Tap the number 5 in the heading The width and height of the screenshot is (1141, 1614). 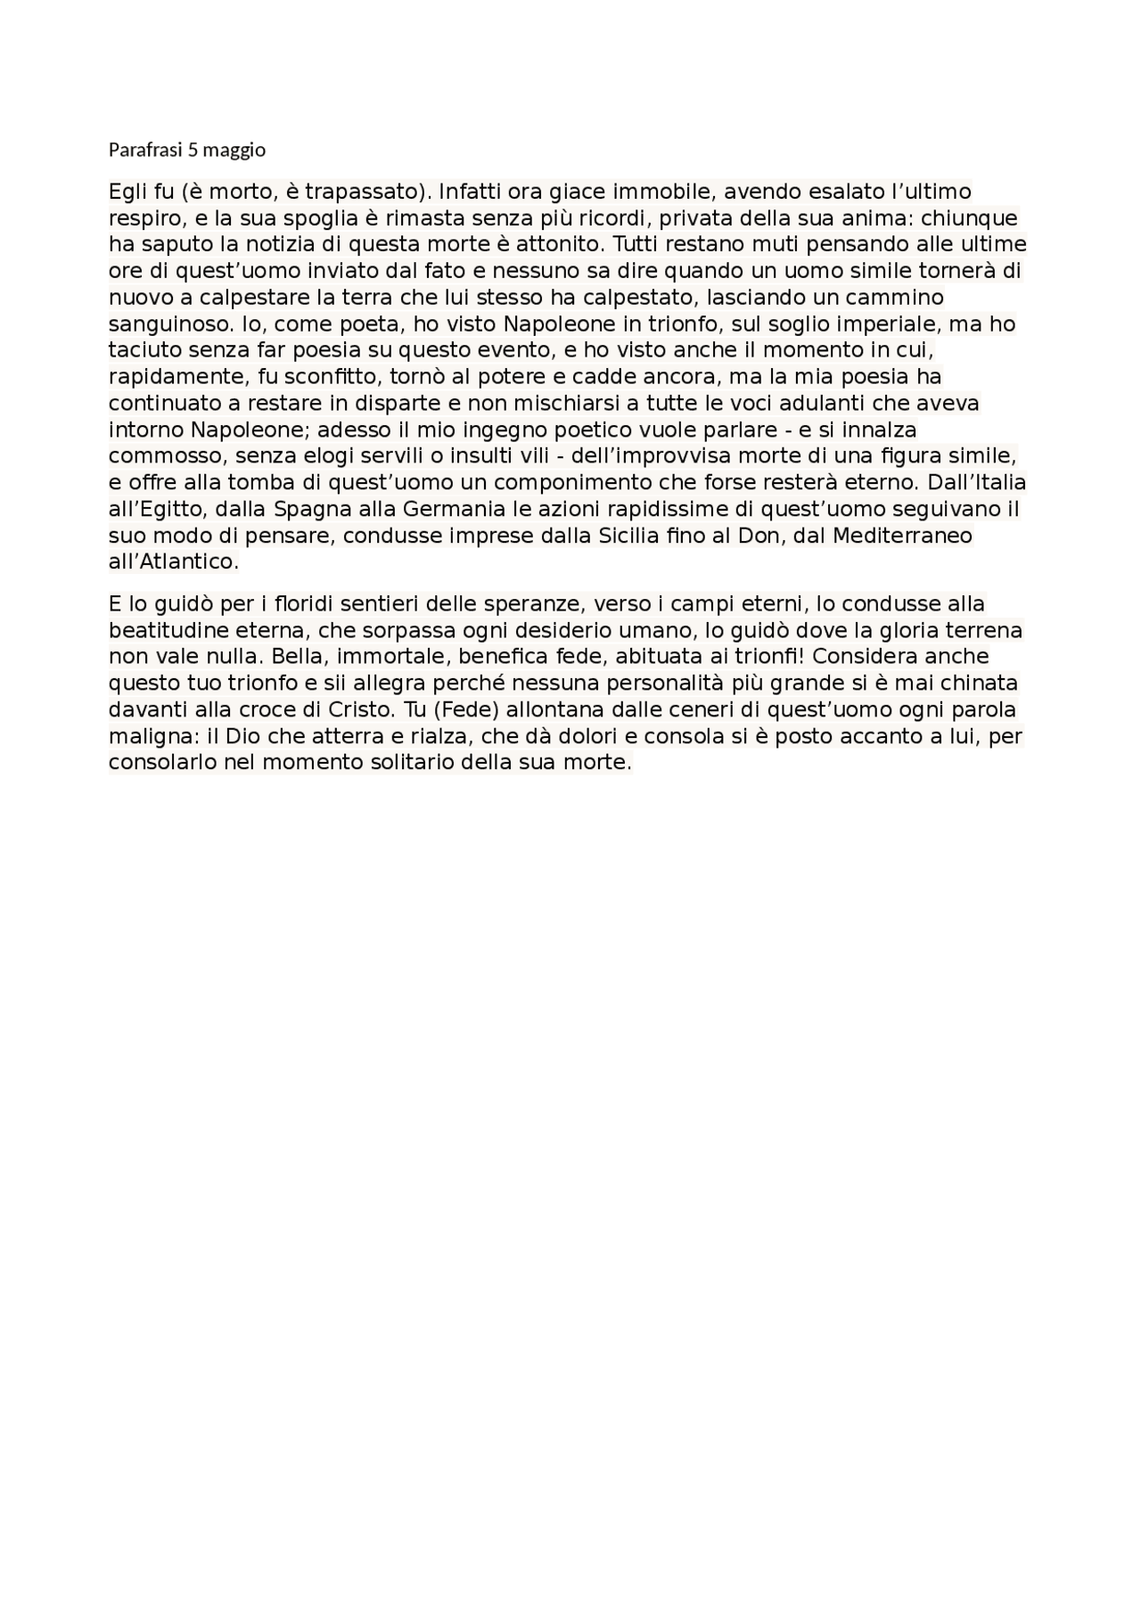tap(193, 150)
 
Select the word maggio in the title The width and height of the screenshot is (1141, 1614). tap(234, 151)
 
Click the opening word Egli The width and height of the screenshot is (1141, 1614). tap(127, 192)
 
